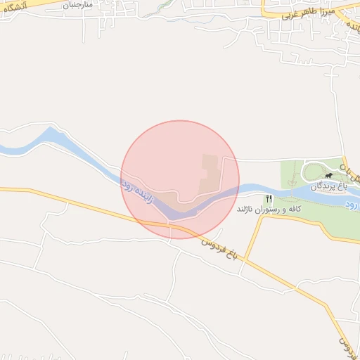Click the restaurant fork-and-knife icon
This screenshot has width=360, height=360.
tap(269, 198)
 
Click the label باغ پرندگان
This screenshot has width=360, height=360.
tap(328, 185)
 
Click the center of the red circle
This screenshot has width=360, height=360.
tap(180, 179)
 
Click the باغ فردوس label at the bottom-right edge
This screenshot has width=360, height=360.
tap(345, 343)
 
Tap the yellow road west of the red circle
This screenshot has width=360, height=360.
tap(63, 197)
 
